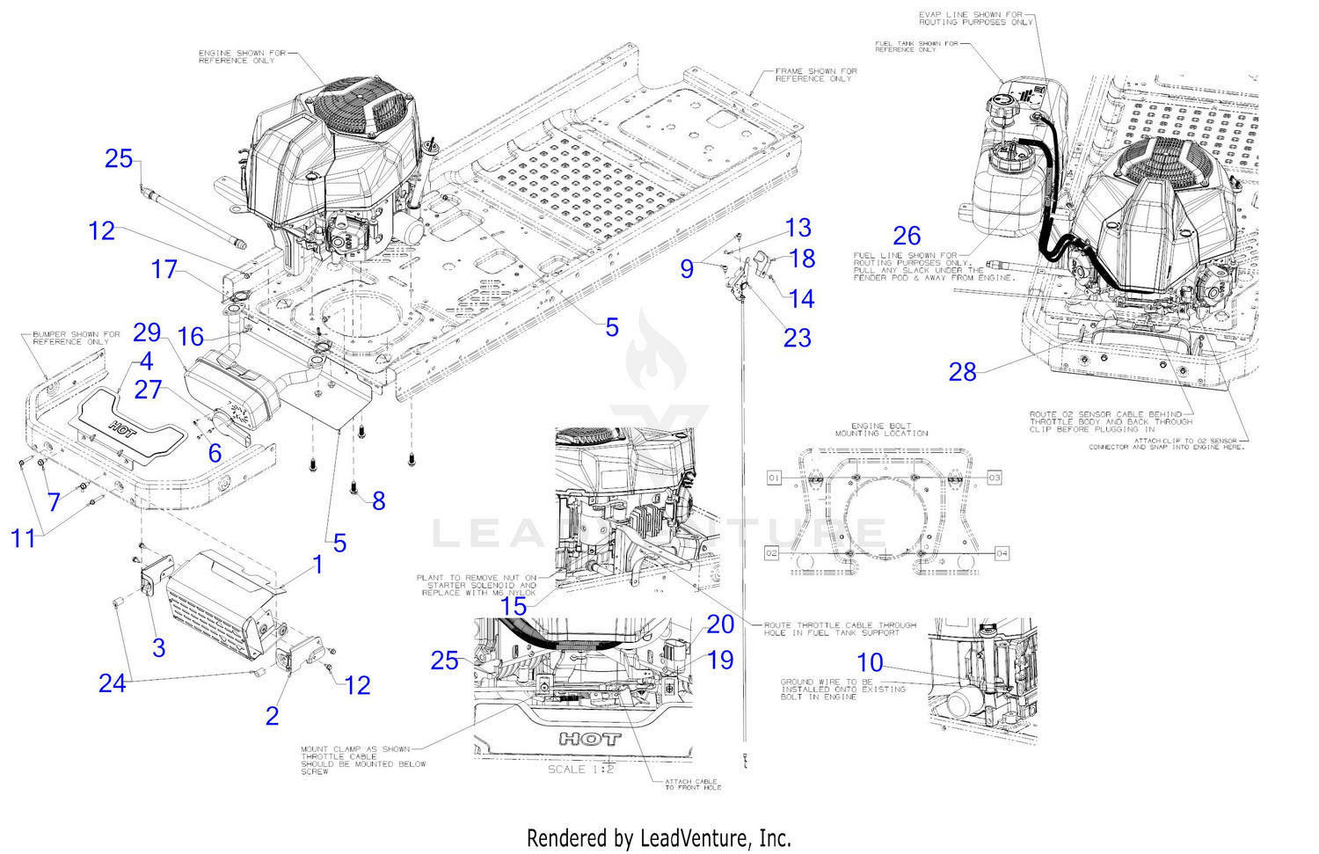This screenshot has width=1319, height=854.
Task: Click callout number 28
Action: pos(962,372)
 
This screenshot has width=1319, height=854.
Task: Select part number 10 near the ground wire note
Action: pos(870,662)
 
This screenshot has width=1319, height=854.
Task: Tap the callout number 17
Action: pos(164,269)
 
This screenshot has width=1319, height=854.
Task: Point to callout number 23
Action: pos(797,338)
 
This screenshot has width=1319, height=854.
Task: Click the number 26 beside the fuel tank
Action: pos(907,236)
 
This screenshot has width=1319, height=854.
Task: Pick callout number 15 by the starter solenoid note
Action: pos(514,606)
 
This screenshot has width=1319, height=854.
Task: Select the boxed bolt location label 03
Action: pos(995,478)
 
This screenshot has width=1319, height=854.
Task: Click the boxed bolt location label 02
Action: pos(772,553)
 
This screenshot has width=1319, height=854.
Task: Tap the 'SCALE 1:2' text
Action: pos(580,770)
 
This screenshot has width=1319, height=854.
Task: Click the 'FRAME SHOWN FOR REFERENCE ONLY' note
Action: pos(815,75)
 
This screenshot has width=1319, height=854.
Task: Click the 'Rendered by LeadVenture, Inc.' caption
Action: pos(659,838)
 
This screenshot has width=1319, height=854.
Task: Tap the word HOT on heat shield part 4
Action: pos(122,428)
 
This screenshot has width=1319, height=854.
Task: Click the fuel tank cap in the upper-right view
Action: pos(1003,96)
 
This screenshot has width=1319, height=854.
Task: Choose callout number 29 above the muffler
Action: pos(147,332)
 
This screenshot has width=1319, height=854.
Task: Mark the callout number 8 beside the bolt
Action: pos(378,500)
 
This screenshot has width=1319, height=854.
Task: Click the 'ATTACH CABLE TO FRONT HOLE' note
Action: pos(692,785)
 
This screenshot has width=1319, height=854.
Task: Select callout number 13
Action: pos(798,228)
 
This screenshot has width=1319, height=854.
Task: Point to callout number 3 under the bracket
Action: pos(158,648)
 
